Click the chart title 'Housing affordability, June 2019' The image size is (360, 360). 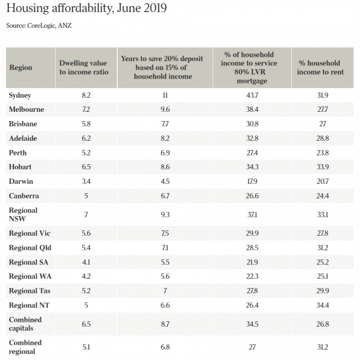[87, 9]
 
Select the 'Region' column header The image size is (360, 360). [21, 68]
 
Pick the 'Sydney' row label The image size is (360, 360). [20, 95]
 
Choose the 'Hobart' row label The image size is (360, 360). [20, 167]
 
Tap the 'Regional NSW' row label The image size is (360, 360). [23, 214]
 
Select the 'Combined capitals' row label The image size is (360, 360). [25, 324]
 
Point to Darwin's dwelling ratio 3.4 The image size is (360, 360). [86, 182]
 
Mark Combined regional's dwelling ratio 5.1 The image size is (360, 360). [86, 347]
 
